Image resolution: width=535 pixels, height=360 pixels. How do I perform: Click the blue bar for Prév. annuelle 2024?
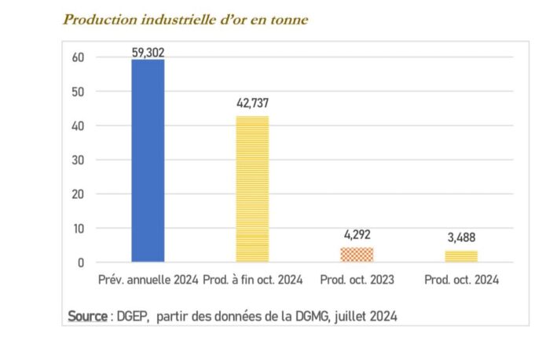tap(148, 160)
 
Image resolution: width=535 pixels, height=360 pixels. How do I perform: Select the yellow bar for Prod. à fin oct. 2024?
tap(252, 189)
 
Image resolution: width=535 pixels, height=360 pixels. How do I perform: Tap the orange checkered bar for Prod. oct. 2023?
tap(357, 255)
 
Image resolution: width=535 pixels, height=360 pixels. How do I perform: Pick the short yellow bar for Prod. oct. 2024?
tap(460, 256)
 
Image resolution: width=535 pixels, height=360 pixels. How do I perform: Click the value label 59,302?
tap(148, 53)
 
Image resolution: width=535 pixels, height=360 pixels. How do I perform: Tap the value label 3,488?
tap(461, 237)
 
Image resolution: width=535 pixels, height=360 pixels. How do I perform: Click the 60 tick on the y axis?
tap(79, 57)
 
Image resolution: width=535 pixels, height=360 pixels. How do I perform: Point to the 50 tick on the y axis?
tap(79, 92)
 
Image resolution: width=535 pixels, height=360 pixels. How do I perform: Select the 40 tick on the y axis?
tap(79, 126)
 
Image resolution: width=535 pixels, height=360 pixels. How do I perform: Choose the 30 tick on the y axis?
tap(79, 160)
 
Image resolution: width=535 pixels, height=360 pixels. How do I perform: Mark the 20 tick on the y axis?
tap(79, 194)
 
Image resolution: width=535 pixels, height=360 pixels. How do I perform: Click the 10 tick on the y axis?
tap(79, 229)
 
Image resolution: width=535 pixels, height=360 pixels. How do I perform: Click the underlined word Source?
tap(87, 316)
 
